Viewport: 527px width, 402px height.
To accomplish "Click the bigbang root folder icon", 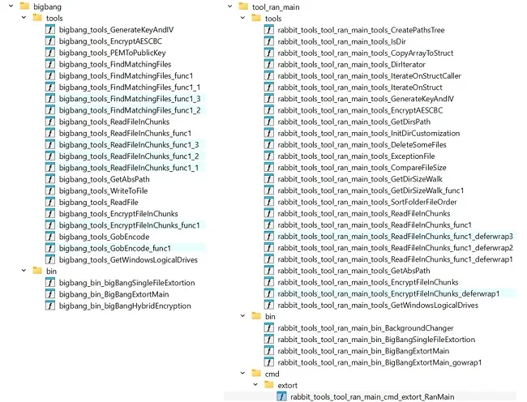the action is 24,6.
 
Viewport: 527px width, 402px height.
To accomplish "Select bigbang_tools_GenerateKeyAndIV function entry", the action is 116,30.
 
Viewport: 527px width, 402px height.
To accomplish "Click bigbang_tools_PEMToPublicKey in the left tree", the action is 112,53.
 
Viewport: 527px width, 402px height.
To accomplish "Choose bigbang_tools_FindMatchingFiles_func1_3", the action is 130,99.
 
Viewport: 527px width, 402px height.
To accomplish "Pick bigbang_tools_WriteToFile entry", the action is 103,190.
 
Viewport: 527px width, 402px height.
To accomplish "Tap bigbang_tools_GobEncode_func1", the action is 115,248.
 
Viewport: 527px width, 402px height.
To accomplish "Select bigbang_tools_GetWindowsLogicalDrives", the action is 128,259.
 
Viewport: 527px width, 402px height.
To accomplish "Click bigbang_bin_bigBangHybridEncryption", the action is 125,306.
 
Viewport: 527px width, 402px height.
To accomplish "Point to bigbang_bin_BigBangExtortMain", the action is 114,294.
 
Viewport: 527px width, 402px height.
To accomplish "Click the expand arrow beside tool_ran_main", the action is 230,6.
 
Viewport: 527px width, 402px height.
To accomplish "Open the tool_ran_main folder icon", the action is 243,6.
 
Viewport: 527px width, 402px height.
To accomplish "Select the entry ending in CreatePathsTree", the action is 361,30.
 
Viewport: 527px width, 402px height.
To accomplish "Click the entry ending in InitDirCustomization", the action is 369,134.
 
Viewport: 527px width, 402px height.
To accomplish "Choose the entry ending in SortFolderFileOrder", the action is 367,202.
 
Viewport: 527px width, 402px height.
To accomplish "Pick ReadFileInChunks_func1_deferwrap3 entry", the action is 396,237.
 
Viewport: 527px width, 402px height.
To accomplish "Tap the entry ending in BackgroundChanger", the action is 366,328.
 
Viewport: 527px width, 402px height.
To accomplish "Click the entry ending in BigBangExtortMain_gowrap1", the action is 379,363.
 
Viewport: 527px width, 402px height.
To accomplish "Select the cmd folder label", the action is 272,374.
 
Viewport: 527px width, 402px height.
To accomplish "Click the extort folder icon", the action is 269,385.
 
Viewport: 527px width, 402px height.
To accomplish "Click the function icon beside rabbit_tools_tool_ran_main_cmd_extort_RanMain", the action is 281,396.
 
